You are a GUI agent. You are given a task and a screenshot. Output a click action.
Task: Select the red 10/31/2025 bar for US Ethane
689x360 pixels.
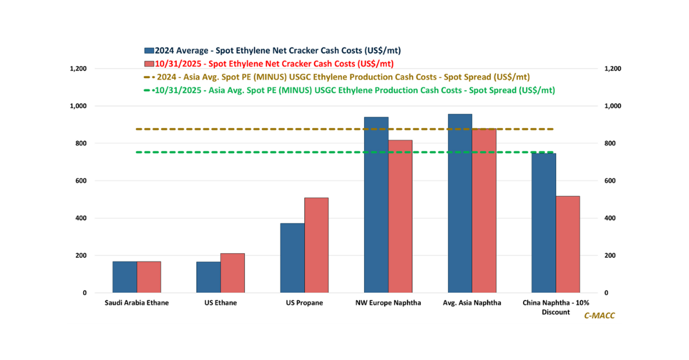click(x=233, y=273)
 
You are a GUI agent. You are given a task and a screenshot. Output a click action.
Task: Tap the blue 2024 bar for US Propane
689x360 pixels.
click(x=292, y=258)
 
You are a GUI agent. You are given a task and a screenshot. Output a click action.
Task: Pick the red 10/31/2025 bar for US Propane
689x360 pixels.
click(x=316, y=245)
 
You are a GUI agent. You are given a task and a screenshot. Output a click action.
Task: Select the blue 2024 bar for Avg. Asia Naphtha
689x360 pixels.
click(x=460, y=203)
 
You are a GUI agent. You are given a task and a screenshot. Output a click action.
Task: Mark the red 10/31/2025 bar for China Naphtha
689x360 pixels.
click(x=568, y=245)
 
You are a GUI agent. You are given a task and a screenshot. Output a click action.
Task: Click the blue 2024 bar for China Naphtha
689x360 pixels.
click(x=544, y=223)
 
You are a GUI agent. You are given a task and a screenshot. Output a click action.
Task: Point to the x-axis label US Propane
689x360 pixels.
click(x=304, y=303)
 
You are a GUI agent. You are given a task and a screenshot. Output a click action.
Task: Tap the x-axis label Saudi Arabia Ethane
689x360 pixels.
click(x=137, y=303)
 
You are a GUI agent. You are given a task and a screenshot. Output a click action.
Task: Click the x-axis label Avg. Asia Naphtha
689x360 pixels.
click(x=472, y=303)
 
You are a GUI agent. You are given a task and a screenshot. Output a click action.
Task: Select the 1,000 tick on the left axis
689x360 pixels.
click(x=78, y=106)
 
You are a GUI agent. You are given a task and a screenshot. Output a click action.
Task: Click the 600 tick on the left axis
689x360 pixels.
click(x=80, y=181)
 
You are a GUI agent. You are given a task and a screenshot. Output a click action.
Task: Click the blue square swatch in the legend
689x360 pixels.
click(x=149, y=51)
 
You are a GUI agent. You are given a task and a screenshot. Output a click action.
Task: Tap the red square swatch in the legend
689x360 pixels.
click(x=149, y=63)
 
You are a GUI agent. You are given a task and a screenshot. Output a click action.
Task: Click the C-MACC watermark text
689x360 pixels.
click(x=599, y=316)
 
